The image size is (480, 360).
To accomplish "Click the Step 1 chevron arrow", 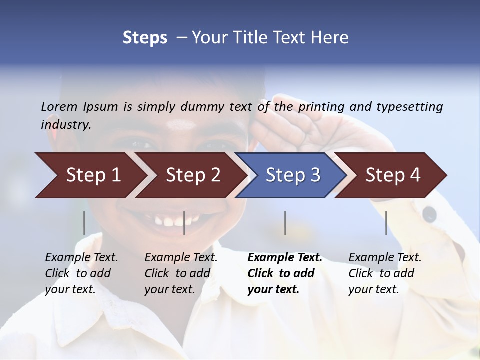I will pyautogui.click(x=92, y=175).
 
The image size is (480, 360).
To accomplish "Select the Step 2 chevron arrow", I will pyautogui.click(x=192, y=175).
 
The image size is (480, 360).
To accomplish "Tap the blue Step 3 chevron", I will pyautogui.click(x=292, y=175).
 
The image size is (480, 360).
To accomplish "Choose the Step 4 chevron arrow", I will pyautogui.click(x=393, y=175).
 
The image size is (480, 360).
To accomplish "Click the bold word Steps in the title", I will pyautogui.click(x=145, y=37).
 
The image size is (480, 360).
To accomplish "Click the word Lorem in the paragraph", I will pyautogui.click(x=59, y=106).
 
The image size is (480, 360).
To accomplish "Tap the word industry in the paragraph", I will pyautogui.click(x=66, y=125).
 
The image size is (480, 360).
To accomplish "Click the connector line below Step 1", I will pyautogui.click(x=84, y=223).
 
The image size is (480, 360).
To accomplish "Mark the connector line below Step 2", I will pyautogui.click(x=184, y=223).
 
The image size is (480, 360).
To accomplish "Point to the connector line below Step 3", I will pyautogui.click(x=285, y=223).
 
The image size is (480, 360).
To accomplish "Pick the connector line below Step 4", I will pyautogui.click(x=386, y=223).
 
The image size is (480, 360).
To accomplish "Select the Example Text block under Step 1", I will pyautogui.click(x=81, y=273).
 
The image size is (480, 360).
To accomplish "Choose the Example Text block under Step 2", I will pyautogui.click(x=181, y=273).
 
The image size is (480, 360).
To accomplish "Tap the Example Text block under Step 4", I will pyautogui.click(x=385, y=273).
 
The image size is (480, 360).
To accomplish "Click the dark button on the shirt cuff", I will pyautogui.click(x=429, y=214).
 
